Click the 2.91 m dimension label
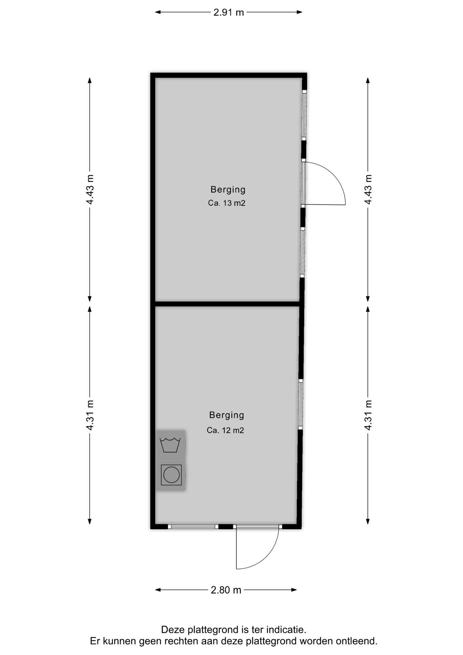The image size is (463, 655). [x=228, y=12]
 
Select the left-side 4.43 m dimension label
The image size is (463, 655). [x=90, y=189]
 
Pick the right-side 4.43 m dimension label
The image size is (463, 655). [x=368, y=189]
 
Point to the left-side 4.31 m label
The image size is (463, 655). [x=90, y=415]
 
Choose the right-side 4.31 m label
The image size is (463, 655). [x=368, y=415]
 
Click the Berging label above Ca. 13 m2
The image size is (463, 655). [x=228, y=190]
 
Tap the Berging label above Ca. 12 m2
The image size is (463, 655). [x=226, y=415]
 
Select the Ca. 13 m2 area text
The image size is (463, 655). [x=227, y=203]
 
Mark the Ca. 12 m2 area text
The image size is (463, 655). [x=225, y=430]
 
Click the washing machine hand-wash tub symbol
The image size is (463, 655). [x=170, y=445]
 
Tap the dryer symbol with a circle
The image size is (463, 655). [x=171, y=475]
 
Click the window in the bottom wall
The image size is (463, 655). [x=193, y=526]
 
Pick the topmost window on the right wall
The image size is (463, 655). [x=304, y=115]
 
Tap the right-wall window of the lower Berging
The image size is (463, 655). [x=300, y=405]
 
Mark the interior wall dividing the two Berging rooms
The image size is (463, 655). [x=227, y=304]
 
